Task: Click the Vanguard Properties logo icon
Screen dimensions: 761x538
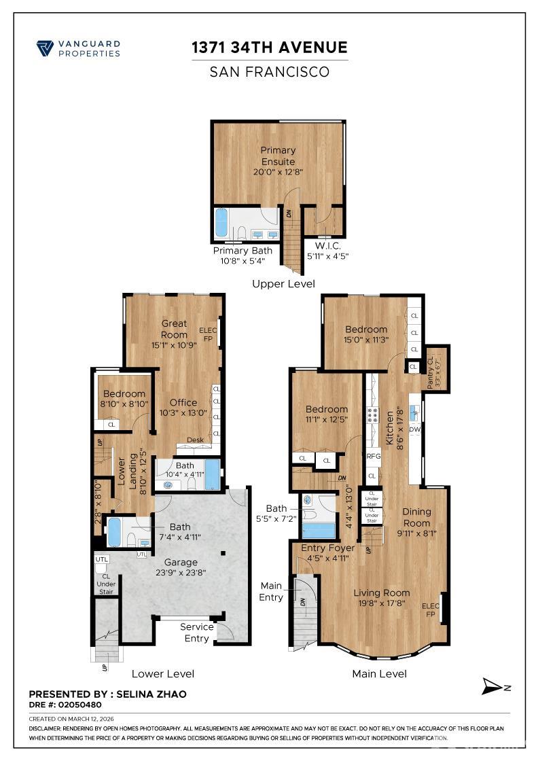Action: tap(45, 48)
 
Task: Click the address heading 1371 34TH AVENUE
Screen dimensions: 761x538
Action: tap(269, 48)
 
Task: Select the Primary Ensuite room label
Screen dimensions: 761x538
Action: tap(279, 156)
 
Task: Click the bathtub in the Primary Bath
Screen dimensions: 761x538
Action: tap(221, 223)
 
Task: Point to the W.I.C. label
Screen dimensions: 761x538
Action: tap(327, 245)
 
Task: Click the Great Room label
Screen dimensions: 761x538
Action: tap(174, 329)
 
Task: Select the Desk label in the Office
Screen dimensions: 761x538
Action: tap(195, 440)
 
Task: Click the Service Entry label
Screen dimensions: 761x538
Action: tap(197, 632)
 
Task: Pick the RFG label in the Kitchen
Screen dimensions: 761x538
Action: tap(373, 457)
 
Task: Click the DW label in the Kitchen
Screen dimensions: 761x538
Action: tap(414, 429)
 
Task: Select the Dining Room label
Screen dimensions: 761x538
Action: tap(416, 518)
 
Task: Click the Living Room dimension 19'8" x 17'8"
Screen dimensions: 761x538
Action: tap(381, 603)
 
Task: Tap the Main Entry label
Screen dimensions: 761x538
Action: tap(271, 591)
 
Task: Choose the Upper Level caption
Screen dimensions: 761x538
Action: tap(283, 283)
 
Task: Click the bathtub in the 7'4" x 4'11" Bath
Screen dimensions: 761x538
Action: tap(114, 532)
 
